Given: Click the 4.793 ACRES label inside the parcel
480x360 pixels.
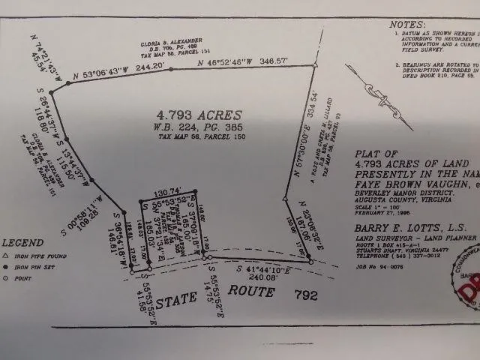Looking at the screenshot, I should (199, 115).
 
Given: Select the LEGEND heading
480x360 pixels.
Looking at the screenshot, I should (22, 243).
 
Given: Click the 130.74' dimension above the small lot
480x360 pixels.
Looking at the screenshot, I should (168, 192).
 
